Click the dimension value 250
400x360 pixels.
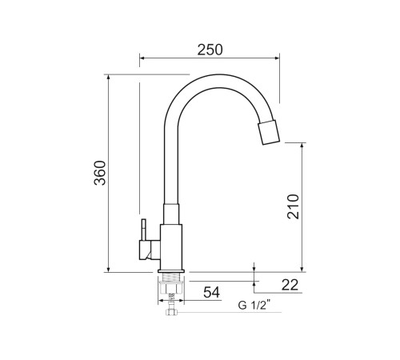click(209, 49)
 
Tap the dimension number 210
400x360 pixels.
click(292, 207)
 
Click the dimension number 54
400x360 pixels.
click(210, 293)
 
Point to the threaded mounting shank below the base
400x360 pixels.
click(172, 285)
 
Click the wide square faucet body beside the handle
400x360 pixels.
click(172, 244)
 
